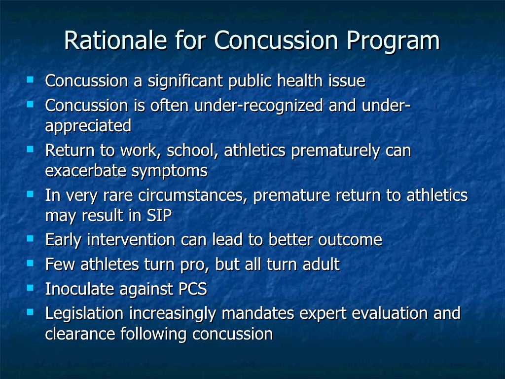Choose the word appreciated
click(88, 126)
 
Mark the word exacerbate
click(86, 171)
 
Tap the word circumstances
click(193, 196)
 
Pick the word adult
click(320, 265)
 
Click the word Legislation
click(84, 314)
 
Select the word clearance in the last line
click(80, 334)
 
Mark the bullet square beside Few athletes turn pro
click(31, 263)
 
